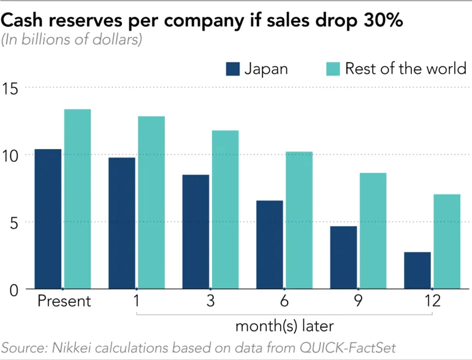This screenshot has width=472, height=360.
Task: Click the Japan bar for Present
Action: (48, 219)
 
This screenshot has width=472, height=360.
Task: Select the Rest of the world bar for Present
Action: (77, 199)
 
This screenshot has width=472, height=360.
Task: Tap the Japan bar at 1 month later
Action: (121, 223)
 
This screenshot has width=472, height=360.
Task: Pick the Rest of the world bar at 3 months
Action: (225, 209)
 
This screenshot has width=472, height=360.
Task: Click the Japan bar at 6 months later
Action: (270, 245)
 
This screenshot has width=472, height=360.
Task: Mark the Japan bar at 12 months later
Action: (417, 270)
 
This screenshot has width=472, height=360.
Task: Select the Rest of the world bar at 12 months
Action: (447, 242)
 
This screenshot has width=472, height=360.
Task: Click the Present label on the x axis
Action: (64, 302)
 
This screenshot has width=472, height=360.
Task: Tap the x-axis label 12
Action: (433, 302)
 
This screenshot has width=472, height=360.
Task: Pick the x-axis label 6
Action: (284, 302)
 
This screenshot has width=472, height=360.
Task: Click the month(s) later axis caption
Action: (284, 324)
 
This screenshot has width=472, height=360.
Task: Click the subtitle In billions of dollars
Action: (72, 41)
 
